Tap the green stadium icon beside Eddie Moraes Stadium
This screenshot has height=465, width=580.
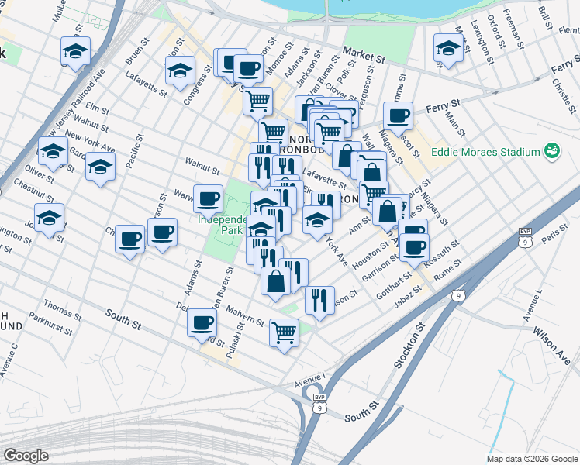pos(551,149)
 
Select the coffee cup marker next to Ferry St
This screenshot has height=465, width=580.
pos(398,116)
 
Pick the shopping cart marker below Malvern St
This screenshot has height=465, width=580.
pos(284,332)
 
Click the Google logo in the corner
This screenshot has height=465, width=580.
pos(26,455)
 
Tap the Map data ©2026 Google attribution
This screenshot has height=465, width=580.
pos(532,459)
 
